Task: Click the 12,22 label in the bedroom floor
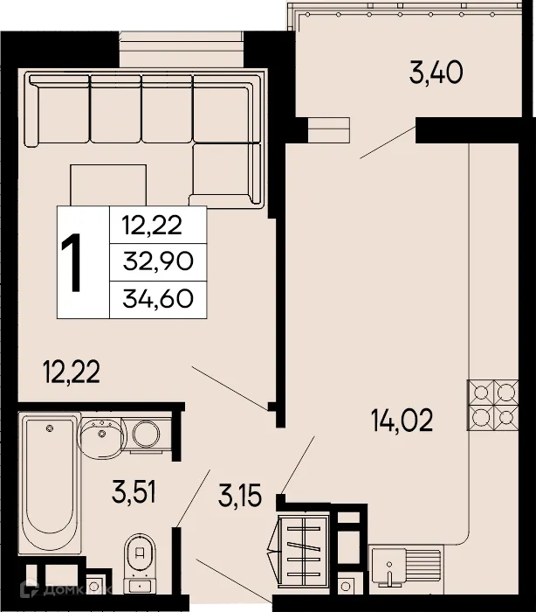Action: [x=72, y=373]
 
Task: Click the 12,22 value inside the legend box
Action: [x=152, y=225]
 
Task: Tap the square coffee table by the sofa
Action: [x=109, y=186]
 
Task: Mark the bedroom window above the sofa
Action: [x=182, y=48]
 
